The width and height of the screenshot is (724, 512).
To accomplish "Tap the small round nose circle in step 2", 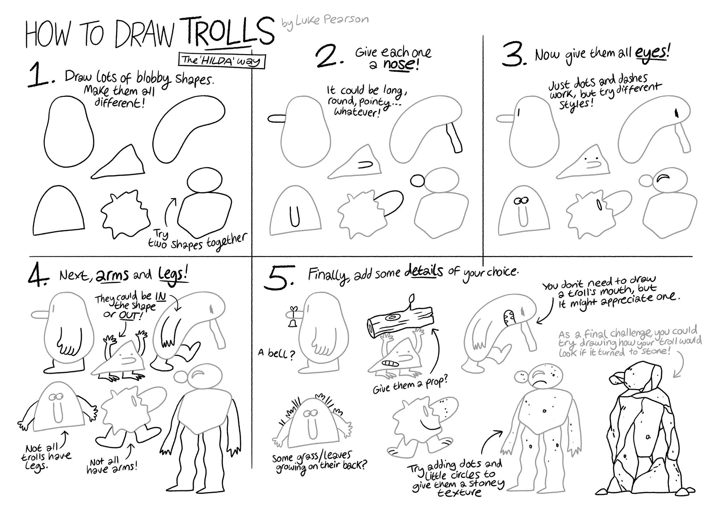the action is (x=417, y=180).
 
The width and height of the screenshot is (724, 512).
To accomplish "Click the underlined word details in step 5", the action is (x=423, y=272).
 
